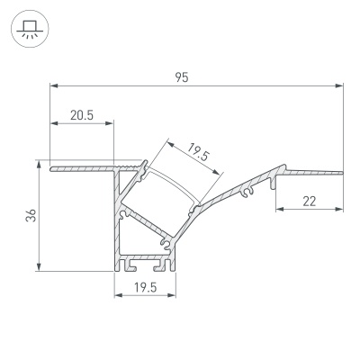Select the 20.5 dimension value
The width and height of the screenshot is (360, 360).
(81, 114)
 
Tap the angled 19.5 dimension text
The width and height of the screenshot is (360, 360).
(199, 155)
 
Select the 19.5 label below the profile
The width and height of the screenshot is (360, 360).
(145, 288)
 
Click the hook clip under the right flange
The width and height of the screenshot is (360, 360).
(267, 186)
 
